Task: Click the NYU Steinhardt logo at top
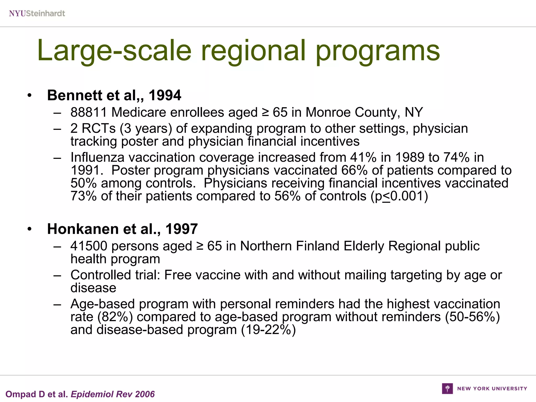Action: click(37, 13)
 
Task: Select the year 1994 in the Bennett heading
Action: click(165, 95)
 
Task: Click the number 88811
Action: click(89, 113)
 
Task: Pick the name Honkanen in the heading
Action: click(83, 229)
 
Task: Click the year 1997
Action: click(181, 229)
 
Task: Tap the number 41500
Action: click(89, 246)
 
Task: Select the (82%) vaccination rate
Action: click(115, 317)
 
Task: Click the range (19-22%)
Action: click(268, 330)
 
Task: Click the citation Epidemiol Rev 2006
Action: click(113, 394)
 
